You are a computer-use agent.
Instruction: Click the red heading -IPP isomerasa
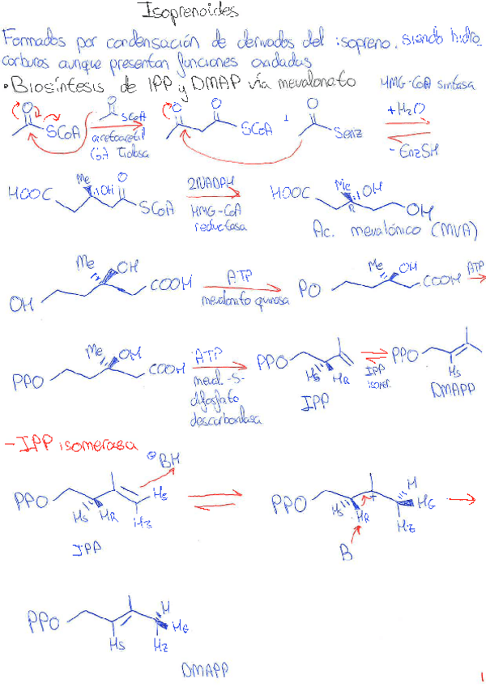(72, 445)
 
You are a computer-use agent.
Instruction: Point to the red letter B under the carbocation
(344, 553)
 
